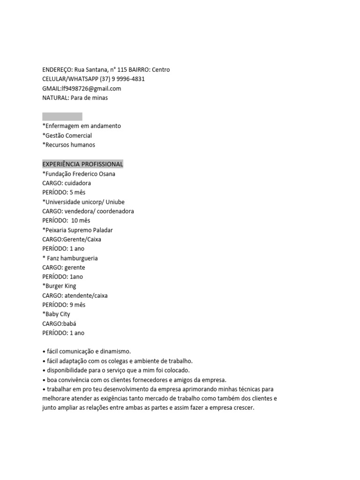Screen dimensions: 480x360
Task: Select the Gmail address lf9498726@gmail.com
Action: point(91,89)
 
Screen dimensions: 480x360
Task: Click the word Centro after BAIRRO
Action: point(161,70)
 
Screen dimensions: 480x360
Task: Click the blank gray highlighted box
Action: point(62,117)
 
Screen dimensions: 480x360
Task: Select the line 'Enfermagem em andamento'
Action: point(82,126)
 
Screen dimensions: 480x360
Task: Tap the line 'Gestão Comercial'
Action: point(67,135)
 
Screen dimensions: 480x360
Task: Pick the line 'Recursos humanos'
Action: point(68,145)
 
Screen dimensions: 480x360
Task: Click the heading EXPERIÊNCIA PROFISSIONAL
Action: point(82,164)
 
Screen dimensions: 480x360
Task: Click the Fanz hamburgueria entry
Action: point(72,258)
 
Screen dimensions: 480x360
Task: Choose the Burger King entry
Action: point(60,286)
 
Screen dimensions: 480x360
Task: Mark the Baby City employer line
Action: point(57,314)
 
